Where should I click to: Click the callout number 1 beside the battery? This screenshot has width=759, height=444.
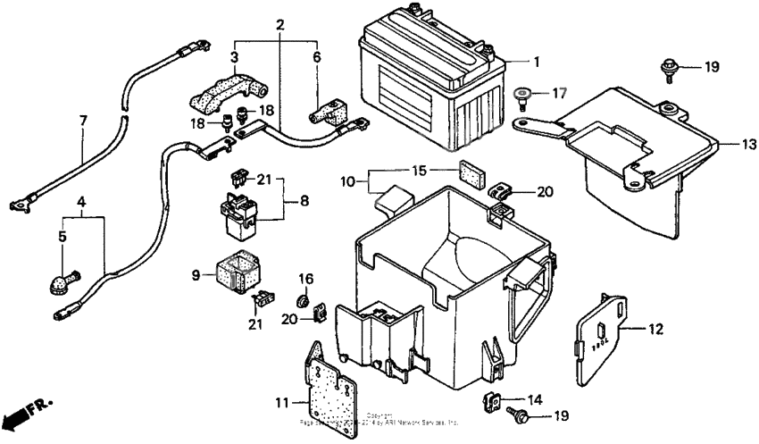(x=536, y=63)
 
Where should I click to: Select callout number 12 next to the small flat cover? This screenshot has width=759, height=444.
(x=655, y=330)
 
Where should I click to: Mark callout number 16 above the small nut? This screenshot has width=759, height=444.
(x=304, y=279)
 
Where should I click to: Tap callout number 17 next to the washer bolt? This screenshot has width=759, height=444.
(x=558, y=92)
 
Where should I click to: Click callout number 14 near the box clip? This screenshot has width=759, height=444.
(x=534, y=399)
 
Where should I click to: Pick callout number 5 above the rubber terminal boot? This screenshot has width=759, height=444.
(x=63, y=237)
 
